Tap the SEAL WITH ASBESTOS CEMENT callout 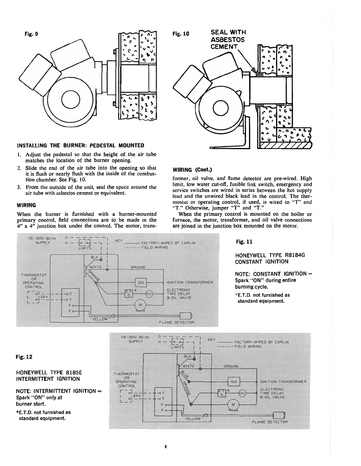click(228, 39)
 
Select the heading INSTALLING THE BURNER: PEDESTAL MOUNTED click(81, 146)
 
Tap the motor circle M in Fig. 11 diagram click(140, 305)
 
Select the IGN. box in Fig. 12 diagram click(234, 382)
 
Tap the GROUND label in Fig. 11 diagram click(138, 267)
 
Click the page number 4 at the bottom click(166, 447)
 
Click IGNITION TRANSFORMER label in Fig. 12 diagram click(283, 382)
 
